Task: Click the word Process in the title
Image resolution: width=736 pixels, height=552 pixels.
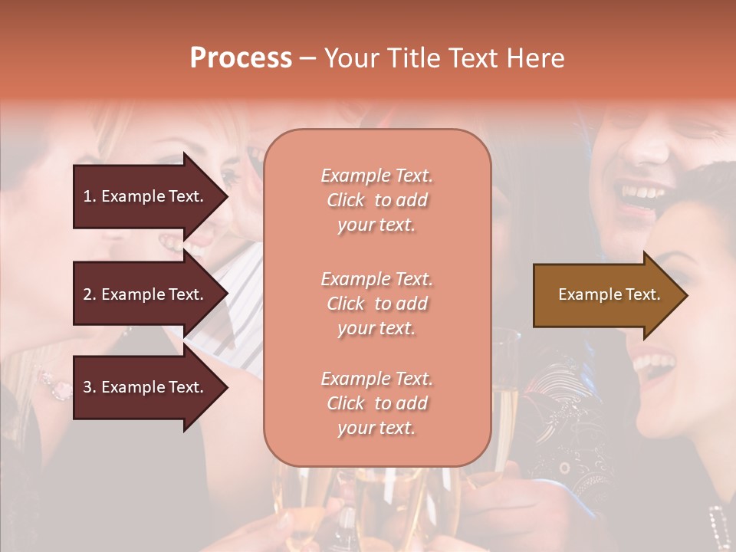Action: click(x=241, y=58)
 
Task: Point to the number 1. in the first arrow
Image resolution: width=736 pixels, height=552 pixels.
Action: click(x=90, y=196)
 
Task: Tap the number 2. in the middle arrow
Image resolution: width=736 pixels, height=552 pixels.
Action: click(x=90, y=294)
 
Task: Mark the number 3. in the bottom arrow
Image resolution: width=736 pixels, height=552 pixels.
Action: click(x=90, y=388)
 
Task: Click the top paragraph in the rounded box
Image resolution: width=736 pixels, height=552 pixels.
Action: click(x=376, y=200)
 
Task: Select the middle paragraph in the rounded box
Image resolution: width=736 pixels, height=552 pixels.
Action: click(x=376, y=304)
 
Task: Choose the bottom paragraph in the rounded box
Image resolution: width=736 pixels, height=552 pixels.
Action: click(x=376, y=403)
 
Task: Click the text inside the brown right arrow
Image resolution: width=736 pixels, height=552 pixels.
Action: click(x=609, y=294)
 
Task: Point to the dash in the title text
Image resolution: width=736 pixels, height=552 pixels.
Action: click(x=308, y=58)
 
